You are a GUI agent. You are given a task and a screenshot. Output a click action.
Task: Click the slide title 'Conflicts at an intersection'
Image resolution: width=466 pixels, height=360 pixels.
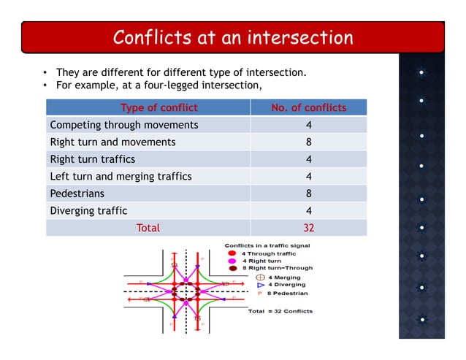[x=232, y=37]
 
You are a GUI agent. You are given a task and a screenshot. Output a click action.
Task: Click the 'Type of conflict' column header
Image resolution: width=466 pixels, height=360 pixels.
[x=158, y=108]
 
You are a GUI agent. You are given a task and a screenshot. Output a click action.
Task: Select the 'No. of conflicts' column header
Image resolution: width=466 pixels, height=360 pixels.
[x=308, y=108]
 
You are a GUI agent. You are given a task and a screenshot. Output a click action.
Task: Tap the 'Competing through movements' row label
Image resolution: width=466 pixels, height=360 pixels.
[x=123, y=125]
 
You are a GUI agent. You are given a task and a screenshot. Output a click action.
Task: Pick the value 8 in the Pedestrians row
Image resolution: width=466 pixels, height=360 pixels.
[x=308, y=194]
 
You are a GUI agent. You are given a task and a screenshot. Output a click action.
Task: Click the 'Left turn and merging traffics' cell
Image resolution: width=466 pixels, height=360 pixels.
[x=121, y=176]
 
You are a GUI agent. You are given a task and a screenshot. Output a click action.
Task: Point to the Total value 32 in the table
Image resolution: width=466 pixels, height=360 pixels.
[x=308, y=228]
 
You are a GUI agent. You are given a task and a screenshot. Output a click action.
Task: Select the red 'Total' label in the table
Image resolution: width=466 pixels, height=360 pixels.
[x=148, y=228]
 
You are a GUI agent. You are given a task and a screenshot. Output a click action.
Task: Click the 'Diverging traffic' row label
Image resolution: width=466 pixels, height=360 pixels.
[x=88, y=210]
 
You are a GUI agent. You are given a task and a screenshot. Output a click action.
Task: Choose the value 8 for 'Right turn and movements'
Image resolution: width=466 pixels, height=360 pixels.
[x=308, y=142]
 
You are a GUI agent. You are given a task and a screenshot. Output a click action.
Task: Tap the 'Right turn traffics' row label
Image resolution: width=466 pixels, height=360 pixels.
[x=92, y=159]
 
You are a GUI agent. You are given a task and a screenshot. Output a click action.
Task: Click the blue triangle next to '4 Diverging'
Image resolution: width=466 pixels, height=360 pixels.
[x=261, y=285]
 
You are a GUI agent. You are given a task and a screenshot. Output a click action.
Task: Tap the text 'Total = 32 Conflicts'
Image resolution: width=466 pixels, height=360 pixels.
[x=280, y=311]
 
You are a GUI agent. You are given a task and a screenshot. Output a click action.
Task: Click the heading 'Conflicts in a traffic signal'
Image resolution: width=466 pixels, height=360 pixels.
[x=268, y=245]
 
